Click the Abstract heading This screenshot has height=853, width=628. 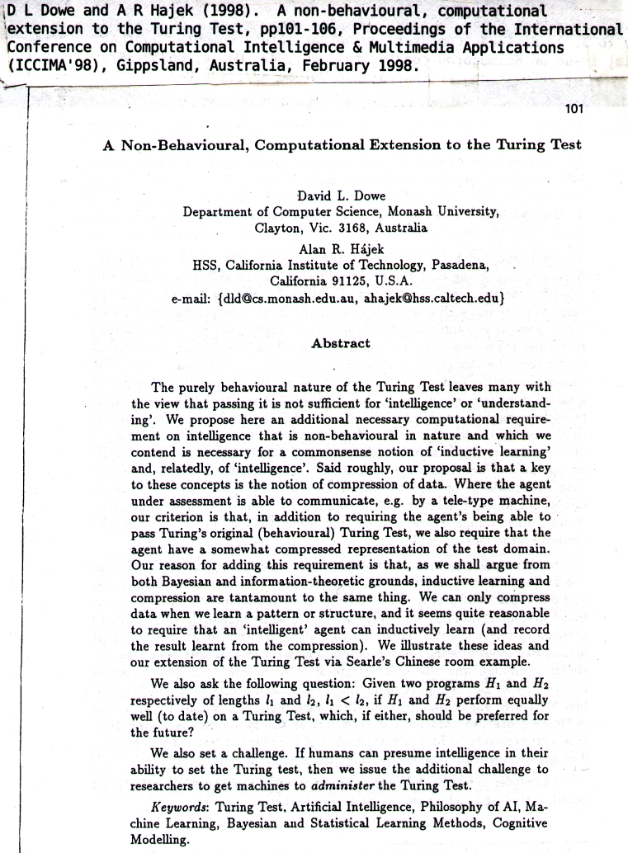tap(341, 343)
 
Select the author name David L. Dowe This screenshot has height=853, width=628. tap(341, 196)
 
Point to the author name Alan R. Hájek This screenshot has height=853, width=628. tap(341, 248)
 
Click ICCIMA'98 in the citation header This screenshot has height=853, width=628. tap(50, 65)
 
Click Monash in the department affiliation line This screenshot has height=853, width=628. tap(408, 211)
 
